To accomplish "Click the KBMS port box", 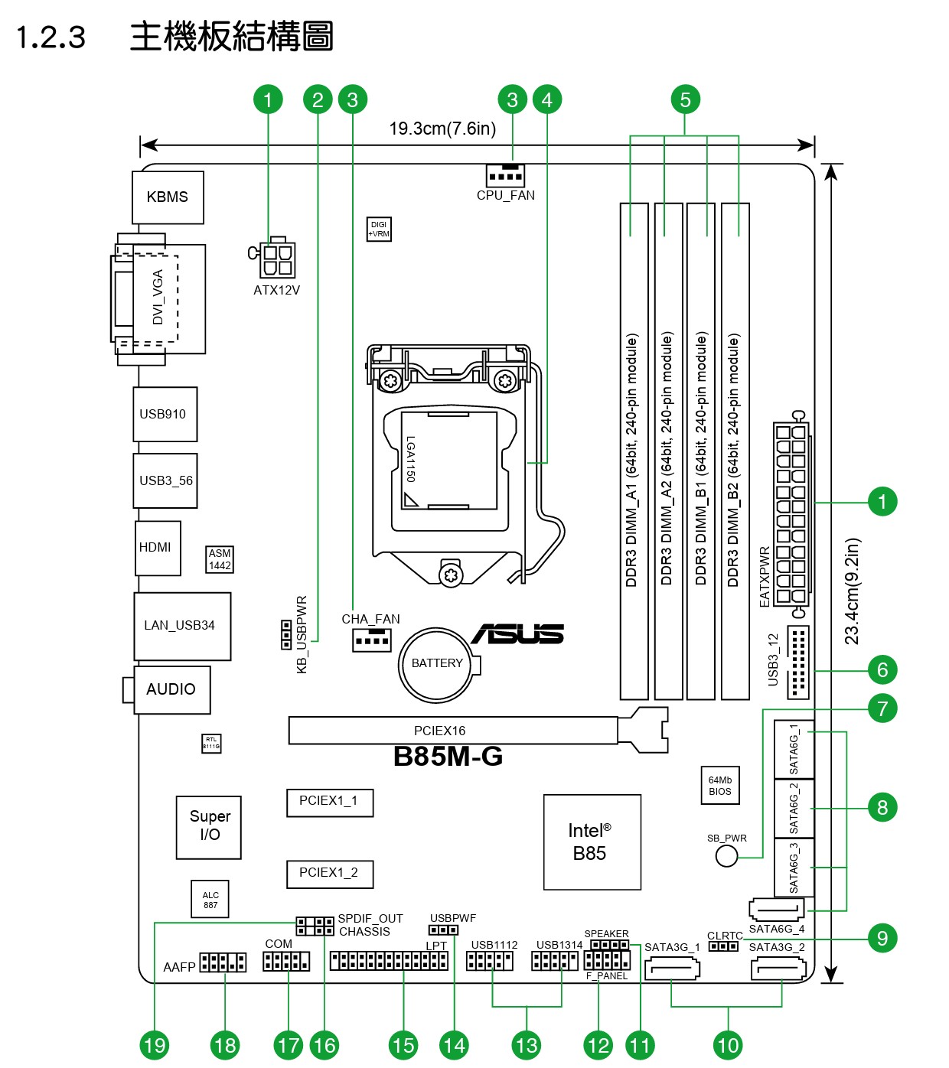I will pos(168,197).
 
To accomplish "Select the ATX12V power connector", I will pos(276,259).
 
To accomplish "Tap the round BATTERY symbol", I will pos(437,664).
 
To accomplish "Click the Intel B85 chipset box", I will pos(592,842).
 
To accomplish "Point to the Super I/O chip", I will pos(209,826).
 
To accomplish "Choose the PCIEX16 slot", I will pos(452,731).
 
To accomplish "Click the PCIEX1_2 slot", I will pos(329,873).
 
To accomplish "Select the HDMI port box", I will pos(158,548).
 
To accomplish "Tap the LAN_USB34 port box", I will pos(182,626).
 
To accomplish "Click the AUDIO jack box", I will pos(171,689).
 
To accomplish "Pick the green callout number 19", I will pos(155,1045).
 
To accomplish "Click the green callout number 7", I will pos(882,708).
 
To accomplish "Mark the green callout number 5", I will pos(685,99).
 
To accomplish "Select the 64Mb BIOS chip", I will pos(719,786).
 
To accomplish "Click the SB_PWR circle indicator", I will pos(726,856).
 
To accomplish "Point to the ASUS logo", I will pos(518,634).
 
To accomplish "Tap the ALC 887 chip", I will pos(210,900).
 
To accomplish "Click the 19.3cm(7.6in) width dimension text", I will pos(442,129).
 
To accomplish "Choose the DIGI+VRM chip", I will pos(379,230).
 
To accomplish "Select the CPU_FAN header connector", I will pos(505,176).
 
